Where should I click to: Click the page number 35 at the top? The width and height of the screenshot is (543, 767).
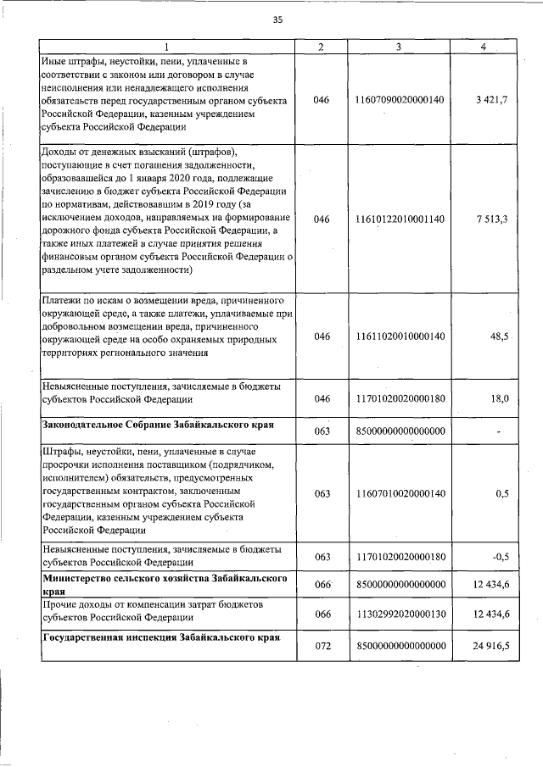click(277, 20)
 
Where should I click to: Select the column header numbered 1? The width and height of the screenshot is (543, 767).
click(166, 46)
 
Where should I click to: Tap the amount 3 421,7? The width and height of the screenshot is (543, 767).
click(492, 100)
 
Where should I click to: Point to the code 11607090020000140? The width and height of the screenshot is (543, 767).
click(397, 100)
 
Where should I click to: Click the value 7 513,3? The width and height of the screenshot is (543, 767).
click(492, 219)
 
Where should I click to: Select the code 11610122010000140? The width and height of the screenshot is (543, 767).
click(397, 219)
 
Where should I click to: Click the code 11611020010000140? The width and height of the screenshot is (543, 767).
click(397, 336)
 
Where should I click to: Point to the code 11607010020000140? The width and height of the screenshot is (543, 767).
click(397, 493)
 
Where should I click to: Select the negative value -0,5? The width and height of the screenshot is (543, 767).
click(498, 556)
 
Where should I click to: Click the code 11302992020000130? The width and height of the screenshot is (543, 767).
click(397, 614)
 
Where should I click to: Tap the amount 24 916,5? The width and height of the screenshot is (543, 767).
click(490, 646)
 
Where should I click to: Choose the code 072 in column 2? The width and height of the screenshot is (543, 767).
click(321, 646)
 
